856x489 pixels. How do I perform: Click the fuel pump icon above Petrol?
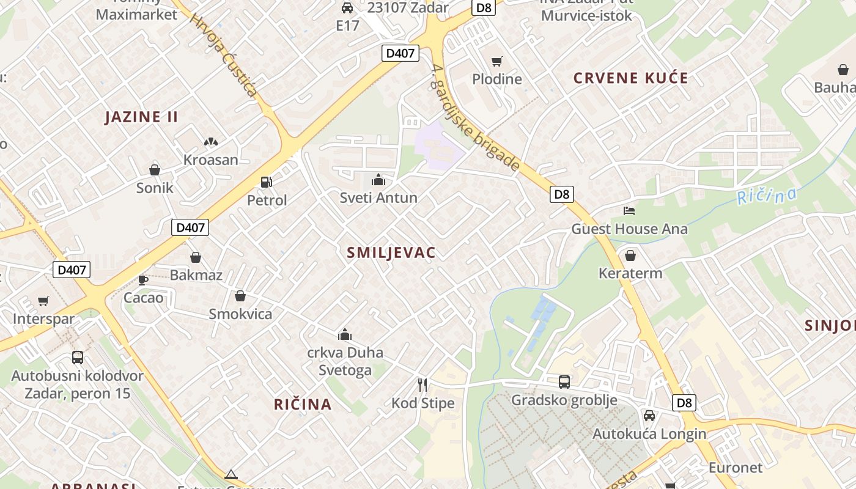click(x=266, y=182)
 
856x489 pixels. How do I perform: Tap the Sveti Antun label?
click(x=378, y=197)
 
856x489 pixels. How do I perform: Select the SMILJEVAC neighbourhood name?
click(x=391, y=252)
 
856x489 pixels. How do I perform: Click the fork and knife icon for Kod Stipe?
click(x=422, y=384)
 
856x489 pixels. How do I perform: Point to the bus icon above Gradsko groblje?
click(x=564, y=382)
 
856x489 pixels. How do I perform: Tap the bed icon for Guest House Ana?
click(x=629, y=211)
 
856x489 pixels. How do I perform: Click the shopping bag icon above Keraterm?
click(x=630, y=255)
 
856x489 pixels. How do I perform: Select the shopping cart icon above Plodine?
click(x=496, y=61)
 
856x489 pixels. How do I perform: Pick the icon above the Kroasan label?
click(x=210, y=142)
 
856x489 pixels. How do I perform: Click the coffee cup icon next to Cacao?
click(x=142, y=280)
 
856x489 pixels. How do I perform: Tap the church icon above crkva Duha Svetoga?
click(x=345, y=334)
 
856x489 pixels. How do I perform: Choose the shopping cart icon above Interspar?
click(x=43, y=301)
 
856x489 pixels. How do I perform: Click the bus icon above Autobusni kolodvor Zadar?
click(x=77, y=358)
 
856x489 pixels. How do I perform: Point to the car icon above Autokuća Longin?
click(x=649, y=416)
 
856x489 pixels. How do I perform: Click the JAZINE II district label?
click(x=141, y=117)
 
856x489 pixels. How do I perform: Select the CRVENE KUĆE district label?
click(x=630, y=78)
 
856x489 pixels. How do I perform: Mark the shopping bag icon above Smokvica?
click(x=240, y=296)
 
